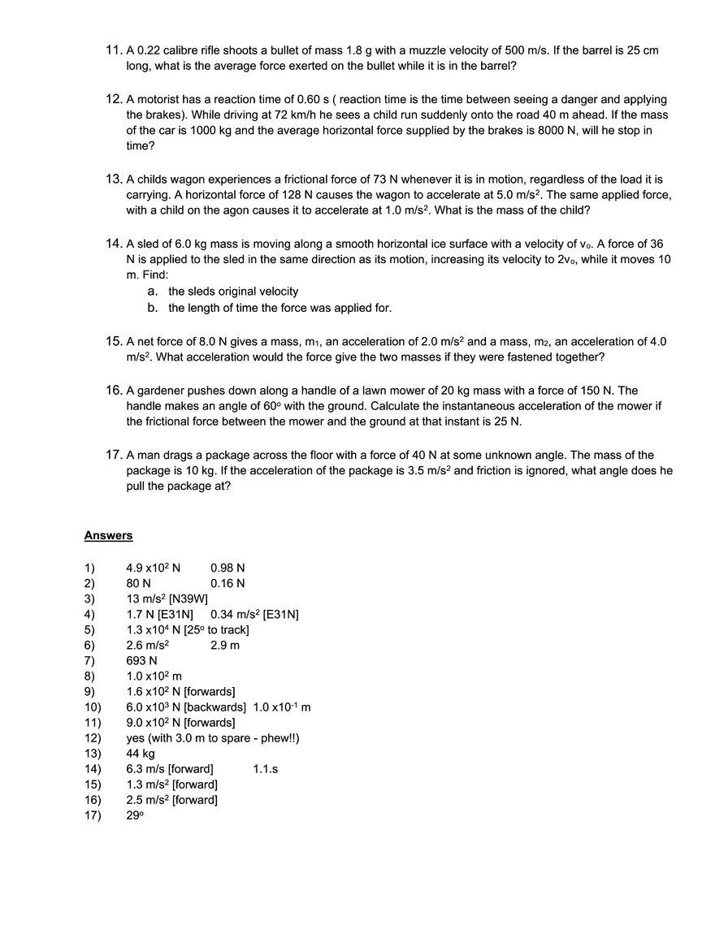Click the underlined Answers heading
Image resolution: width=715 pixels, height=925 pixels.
point(108,536)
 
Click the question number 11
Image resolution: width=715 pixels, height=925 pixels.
point(114,50)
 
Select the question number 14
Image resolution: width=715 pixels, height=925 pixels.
point(114,244)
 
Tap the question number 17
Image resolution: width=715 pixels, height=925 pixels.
point(114,455)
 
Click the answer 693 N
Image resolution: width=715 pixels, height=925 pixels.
point(141,660)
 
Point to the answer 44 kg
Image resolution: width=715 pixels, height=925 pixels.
point(141,753)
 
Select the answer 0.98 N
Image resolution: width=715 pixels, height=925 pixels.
point(227,568)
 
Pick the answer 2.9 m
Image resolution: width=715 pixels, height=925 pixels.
point(225,645)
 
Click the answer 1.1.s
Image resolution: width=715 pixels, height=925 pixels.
point(266,768)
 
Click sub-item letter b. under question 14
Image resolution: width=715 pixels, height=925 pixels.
point(153,308)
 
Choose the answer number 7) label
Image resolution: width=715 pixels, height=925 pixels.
point(89,660)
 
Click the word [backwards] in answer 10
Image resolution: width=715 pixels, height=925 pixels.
point(215,707)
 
